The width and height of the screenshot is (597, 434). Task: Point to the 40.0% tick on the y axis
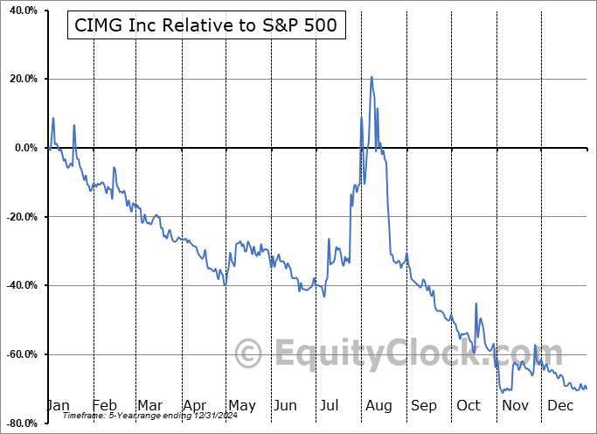[x=22, y=10]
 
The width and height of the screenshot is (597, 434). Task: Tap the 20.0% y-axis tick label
[x=22, y=80]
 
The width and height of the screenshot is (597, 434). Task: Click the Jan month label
[x=58, y=405]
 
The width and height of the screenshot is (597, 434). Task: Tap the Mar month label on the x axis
[x=149, y=405]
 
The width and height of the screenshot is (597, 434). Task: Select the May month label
[x=241, y=405]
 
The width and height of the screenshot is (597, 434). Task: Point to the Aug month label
[x=378, y=405]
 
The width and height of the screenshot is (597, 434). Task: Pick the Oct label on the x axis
[x=469, y=405]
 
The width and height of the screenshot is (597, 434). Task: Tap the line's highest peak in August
[x=371, y=77]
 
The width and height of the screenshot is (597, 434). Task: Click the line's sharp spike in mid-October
[x=476, y=304]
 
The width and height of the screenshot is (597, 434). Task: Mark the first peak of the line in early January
[x=53, y=118]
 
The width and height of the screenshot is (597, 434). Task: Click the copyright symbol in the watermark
[x=248, y=354]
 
